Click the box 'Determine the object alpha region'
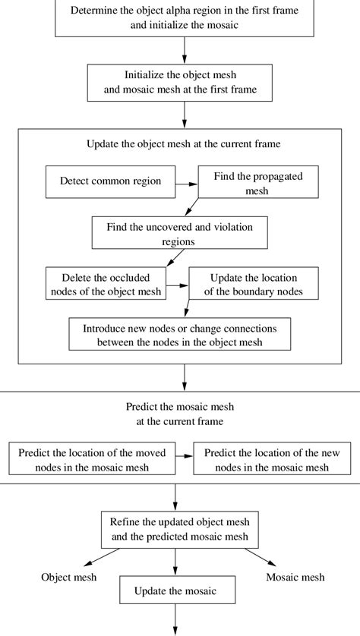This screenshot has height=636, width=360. click(185, 17)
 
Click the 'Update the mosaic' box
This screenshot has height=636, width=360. click(175, 590)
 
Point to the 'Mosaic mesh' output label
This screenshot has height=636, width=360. click(295, 578)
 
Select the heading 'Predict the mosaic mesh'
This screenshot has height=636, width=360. click(181, 413)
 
